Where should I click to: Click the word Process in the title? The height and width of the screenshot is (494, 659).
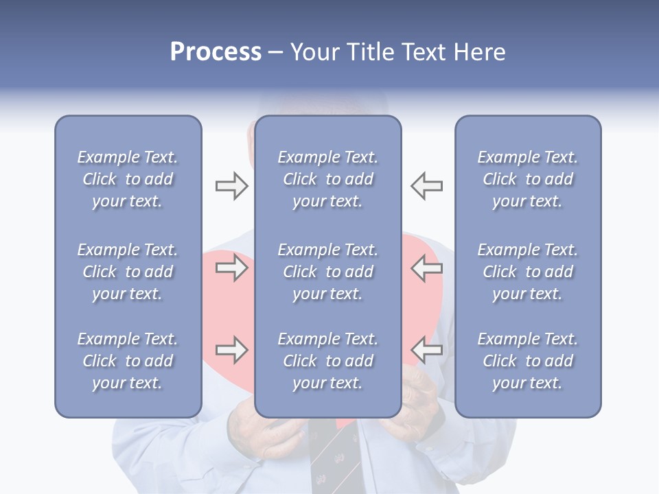pos(216,52)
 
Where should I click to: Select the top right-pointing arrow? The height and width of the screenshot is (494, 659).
pos(231,186)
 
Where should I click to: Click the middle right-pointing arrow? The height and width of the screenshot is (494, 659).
pos(231,268)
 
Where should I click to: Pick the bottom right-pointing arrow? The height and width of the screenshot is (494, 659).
pos(231,350)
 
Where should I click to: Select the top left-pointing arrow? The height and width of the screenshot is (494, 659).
pos(426,186)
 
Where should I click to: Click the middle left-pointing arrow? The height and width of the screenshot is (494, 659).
pos(426,268)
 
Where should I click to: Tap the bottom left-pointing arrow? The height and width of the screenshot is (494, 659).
pos(426,350)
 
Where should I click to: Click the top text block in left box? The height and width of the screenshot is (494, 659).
pos(128,179)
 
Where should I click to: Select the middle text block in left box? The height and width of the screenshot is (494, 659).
pos(128,272)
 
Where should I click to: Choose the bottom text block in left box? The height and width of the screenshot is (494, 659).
pos(128,361)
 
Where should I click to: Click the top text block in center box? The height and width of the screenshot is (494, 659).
pos(327,179)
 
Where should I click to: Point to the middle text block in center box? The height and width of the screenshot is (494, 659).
pos(327,272)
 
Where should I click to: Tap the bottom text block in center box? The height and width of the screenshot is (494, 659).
pos(327,361)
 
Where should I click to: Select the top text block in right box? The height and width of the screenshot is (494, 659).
pos(527,179)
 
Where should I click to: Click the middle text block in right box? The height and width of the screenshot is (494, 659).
pos(527,272)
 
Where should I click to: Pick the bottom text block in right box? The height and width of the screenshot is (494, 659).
pos(527,361)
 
